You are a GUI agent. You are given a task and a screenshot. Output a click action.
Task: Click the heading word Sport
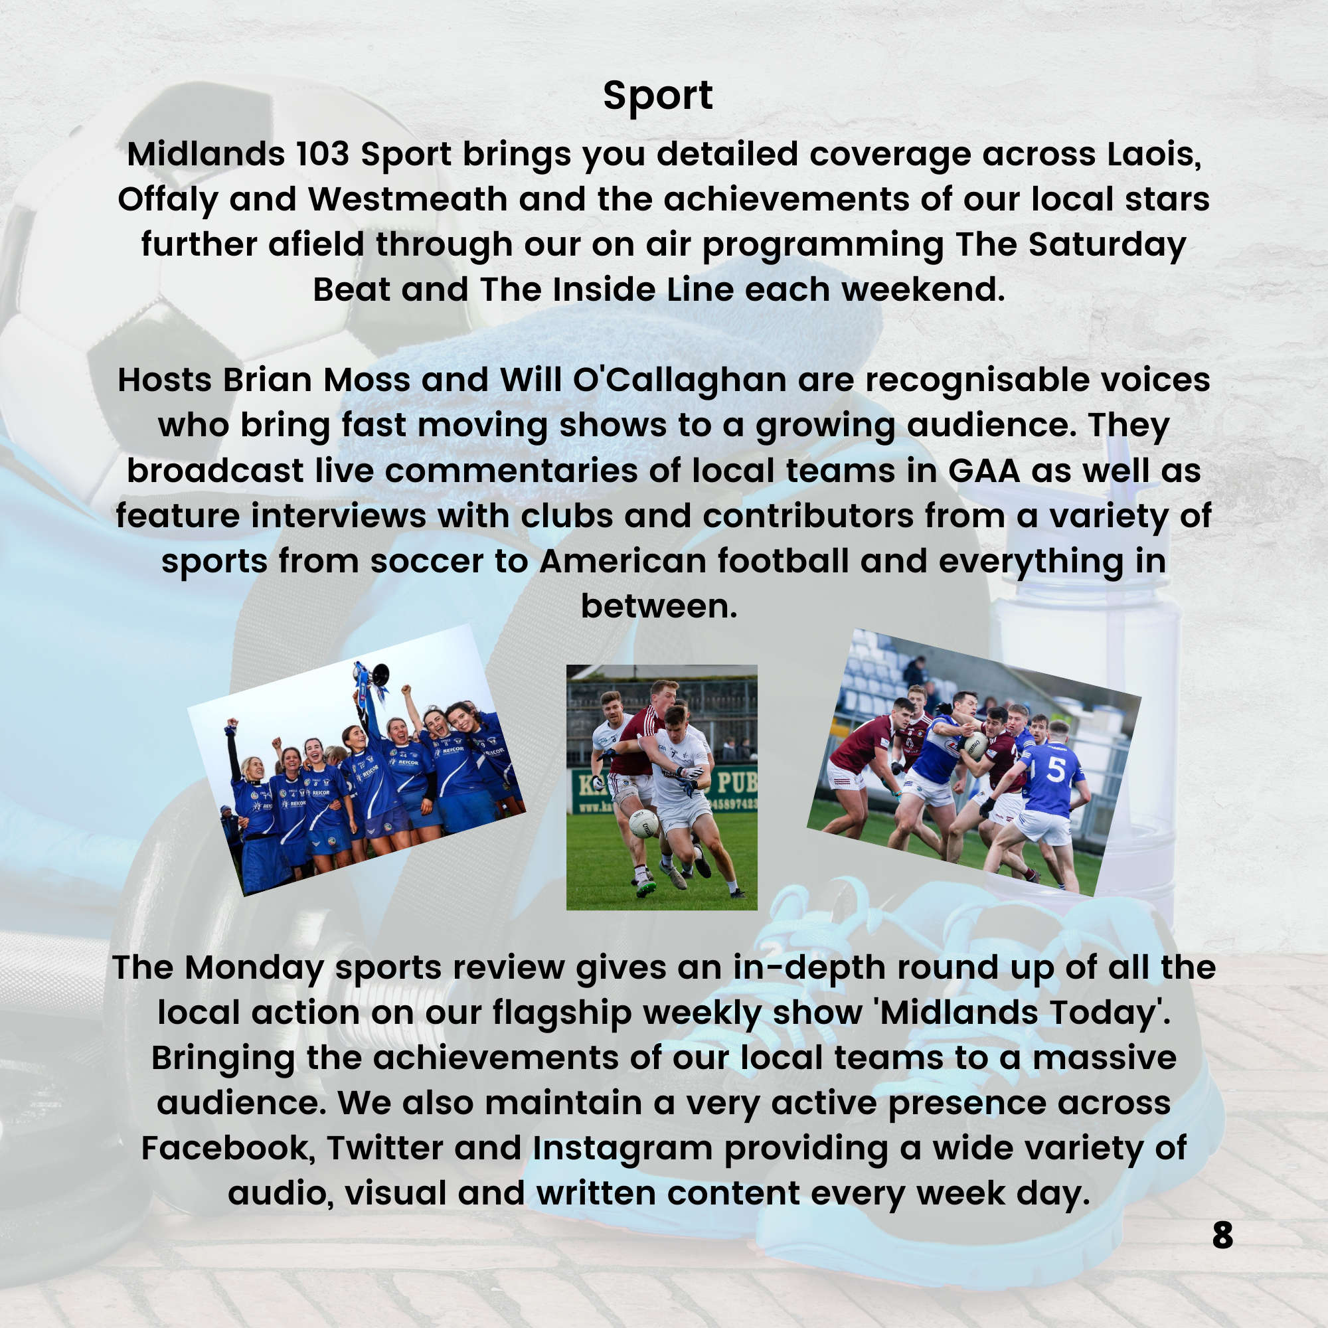[x=658, y=96]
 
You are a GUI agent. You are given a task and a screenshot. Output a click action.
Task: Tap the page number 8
[x=1223, y=1235]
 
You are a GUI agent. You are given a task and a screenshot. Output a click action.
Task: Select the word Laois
[x=1154, y=155]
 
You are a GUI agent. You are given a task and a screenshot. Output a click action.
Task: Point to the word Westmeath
[x=408, y=199]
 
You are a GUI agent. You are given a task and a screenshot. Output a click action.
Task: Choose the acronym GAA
[x=984, y=471]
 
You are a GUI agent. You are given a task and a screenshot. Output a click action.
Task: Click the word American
[x=623, y=561]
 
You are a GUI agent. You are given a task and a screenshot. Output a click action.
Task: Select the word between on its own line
[x=659, y=606]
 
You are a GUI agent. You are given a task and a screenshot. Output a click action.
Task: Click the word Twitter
[x=384, y=1149]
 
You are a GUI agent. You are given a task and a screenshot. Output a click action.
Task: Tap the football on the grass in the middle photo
[x=644, y=824]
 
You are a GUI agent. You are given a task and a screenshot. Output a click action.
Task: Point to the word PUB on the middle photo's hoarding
[x=737, y=782]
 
